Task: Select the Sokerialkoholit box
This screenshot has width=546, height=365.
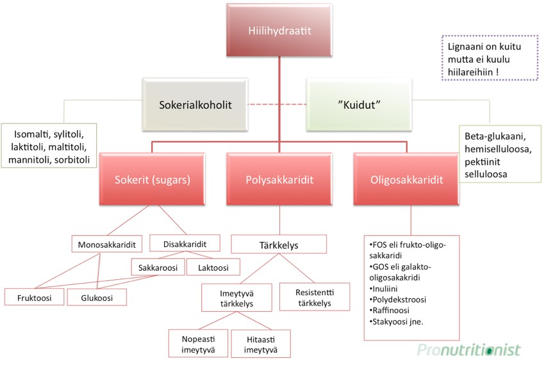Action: [x=195, y=104]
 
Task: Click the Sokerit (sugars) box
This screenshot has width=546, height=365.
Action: [x=153, y=181]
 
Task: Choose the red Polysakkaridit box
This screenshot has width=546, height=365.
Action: [x=279, y=181]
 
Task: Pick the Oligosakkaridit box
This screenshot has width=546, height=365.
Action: [x=406, y=181]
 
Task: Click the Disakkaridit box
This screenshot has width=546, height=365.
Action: [x=185, y=244]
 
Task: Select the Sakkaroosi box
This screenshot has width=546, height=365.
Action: [x=157, y=266]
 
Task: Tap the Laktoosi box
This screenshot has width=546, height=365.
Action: [x=213, y=266]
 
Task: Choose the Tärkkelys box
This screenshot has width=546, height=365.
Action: [x=279, y=245]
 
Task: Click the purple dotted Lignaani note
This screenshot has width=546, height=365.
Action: [x=488, y=58]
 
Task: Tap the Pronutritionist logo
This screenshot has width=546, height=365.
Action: [x=468, y=350]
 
